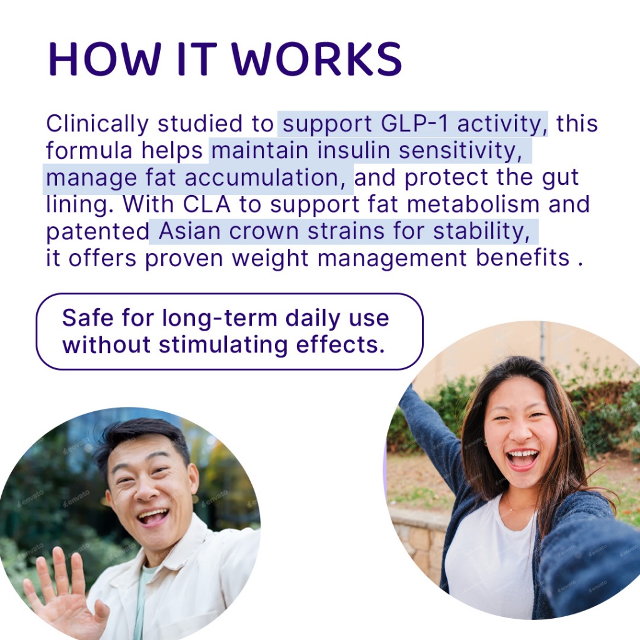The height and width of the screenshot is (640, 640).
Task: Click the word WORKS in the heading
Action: [317, 59]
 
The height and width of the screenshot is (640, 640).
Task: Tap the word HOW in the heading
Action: [105, 59]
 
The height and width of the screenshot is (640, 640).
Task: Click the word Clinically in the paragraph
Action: [97, 124]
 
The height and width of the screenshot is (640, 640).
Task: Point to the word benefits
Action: [522, 258]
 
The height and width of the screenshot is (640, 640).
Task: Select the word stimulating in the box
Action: [223, 345]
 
